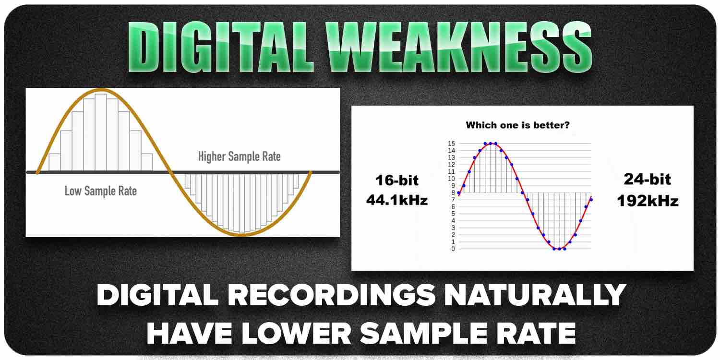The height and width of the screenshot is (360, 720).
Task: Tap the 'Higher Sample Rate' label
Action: (x=239, y=156)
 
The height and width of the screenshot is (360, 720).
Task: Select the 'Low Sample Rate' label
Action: (x=101, y=191)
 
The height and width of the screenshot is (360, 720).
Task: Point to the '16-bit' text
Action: (x=396, y=180)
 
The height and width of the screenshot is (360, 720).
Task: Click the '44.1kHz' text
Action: (x=396, y=200)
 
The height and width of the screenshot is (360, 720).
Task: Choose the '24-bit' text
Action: (x=648, y=180)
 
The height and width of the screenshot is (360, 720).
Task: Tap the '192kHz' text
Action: (x=648, y=200)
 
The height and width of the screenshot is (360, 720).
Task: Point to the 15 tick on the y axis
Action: (x=451, y=144)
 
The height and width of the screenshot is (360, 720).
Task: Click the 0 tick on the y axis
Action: (x=453, y=249)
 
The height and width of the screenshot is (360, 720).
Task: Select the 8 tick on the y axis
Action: (x=453, y=192)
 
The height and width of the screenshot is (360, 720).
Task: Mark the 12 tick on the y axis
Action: (x=451, y=165)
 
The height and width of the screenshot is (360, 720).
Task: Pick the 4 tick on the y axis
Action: (x=453, y=221)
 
